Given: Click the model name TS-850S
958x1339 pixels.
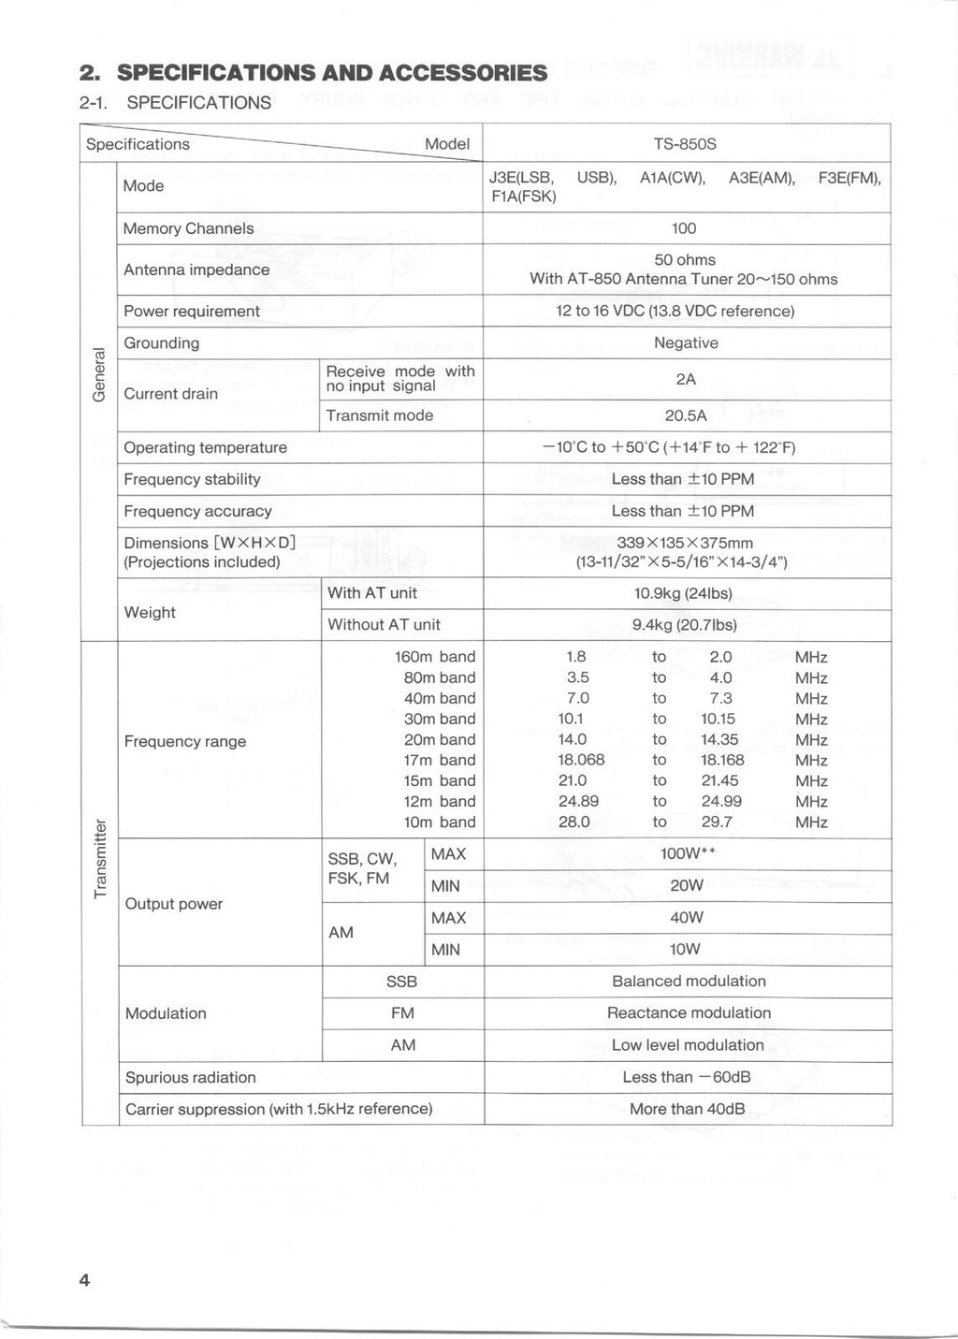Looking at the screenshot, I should (685, 144).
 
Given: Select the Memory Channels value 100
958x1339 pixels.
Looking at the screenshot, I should (684, 228).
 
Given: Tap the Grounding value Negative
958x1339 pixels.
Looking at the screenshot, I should (686, 343).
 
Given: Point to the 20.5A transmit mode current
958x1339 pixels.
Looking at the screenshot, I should (685, 415).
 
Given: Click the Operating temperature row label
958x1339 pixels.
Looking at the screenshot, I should (205, 447).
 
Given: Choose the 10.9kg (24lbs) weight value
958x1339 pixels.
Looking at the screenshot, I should (683, 593).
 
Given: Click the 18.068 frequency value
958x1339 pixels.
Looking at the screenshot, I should (581, 760).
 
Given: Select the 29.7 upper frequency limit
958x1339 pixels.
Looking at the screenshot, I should (717, 822).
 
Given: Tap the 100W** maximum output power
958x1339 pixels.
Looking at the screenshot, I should (688, 854).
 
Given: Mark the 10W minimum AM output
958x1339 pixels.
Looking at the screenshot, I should (685, 950).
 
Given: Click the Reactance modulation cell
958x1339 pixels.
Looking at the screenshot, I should (689, 1013).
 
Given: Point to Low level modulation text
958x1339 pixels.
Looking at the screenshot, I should (688, 1045).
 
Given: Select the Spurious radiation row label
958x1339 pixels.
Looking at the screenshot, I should (190, 1078).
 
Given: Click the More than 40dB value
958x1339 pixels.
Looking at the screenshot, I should (687, 1110).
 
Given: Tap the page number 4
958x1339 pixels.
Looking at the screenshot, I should (84, 1281).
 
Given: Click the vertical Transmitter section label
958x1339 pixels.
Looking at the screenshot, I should (100, 858).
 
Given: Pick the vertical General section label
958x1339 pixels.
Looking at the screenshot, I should (99, 374).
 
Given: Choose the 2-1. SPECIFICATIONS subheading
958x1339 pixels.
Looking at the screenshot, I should (176, 103).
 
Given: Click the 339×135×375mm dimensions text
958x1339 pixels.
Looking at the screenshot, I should (685, 544).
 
